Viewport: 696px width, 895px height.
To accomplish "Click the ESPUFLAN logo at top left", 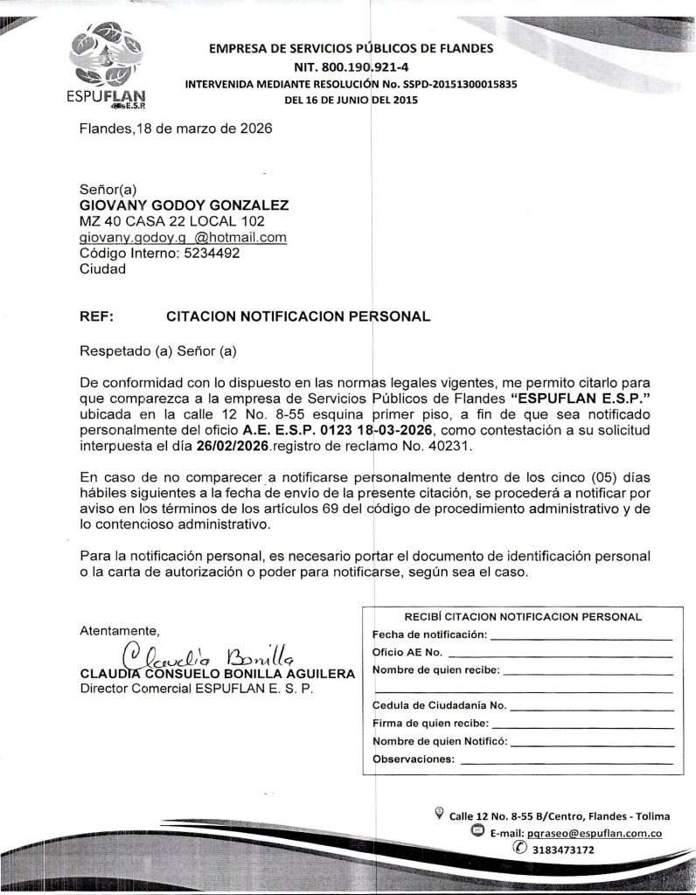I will [108, 70].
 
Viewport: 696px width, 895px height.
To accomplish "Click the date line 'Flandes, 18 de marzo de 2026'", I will [176, 128].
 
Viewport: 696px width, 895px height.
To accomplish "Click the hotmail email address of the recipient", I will [183, 238].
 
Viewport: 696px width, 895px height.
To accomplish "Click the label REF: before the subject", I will [96, 316].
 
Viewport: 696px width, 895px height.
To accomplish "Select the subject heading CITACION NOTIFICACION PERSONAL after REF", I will [297, 316].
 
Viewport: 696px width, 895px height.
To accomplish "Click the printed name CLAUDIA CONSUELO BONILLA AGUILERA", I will [217, 674].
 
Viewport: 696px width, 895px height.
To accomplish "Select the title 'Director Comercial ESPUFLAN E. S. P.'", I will [196, 688].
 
